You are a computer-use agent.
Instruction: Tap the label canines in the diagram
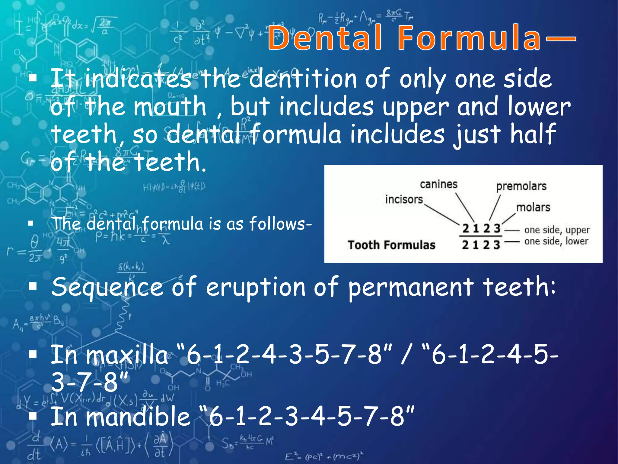438,184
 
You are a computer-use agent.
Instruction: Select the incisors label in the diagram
404,199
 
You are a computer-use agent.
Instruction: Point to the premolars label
521,186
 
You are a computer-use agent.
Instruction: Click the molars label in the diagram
533,207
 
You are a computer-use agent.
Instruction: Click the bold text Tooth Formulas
391,245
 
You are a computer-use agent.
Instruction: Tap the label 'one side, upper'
557,230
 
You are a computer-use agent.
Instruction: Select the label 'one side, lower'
556,241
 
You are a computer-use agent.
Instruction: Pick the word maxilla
127,355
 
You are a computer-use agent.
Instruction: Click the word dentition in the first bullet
304,79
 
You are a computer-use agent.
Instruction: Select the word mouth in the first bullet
170,106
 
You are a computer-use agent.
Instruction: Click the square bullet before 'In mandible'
33,416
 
